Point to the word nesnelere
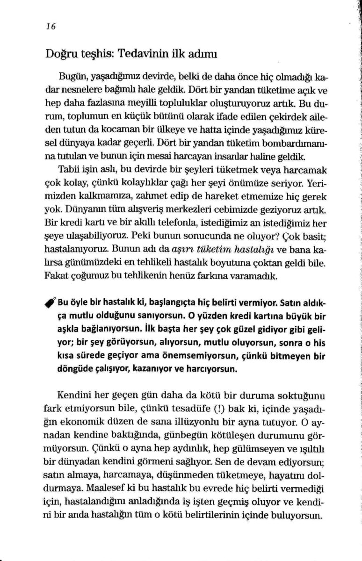tap(80, 88)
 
